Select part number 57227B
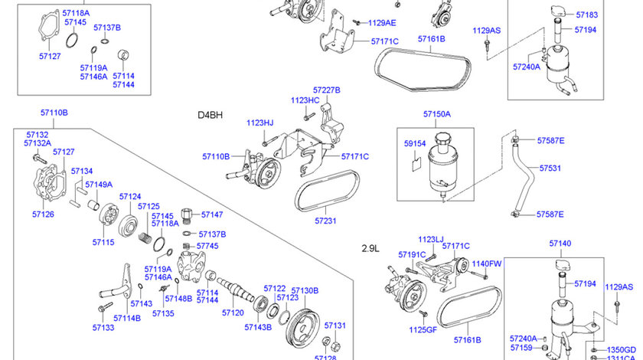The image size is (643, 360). (327, 90)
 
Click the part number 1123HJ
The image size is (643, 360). (259, 123)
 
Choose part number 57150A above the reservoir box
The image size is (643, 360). (436, 114)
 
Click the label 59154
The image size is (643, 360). (415, 142)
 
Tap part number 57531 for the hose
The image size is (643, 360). (550, 167)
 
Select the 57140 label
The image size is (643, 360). (560, 244)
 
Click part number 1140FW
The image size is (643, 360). (486, 263)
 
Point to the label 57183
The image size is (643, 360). (587, 15)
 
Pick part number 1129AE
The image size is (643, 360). (382, 23)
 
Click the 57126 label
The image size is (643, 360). (43, 214)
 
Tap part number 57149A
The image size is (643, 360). (99, 185)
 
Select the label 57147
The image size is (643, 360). (211, 215)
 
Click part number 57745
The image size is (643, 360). (207, 246)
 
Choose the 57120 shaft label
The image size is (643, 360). (233, 313)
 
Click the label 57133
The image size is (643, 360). (103, 327)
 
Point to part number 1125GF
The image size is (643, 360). (421, 330)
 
